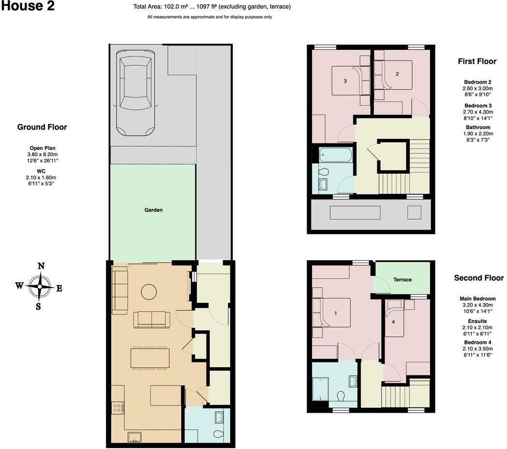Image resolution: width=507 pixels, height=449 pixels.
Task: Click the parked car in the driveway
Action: pyautogui.click(x=136, y=93)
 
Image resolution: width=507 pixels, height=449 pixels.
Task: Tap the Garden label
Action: pyautogui.click(x=153, y=210)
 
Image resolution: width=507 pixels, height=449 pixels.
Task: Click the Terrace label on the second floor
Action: pyautogui.click(x=402, y=280)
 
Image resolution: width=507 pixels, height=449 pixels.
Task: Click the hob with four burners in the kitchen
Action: pyautogui.click(x=117, y=407)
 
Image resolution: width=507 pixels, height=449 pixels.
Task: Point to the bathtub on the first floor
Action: pyautogui.click(x=335, y=155)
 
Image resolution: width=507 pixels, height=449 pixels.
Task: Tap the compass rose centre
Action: pyautogui.click(x=40, y=286)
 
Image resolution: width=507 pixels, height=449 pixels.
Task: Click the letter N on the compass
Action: pyautogui.click(x=41, y=266)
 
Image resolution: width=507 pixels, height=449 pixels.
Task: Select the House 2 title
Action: pyautogui.click(x=28, y=6)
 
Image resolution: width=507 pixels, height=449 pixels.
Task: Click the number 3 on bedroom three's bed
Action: pyautogui.click(x=345, y=81)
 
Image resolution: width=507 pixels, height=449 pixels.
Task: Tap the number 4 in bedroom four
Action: pyautogui.click(x=393, y=322)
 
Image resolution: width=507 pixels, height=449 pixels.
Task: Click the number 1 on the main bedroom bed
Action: pyautogui.click(x=336, y=313)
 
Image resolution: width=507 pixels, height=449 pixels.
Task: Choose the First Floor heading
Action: pyautogui.click(x=477, y=61)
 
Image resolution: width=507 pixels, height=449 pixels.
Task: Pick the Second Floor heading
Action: pyautogui.click(x=479, y=278)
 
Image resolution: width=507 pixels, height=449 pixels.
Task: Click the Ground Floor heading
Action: pyautogui.click(x=42, y=127)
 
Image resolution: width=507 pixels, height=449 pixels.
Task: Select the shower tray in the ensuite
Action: pyautogui.click(x=320, y=389)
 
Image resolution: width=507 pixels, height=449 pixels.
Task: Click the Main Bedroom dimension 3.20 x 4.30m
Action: pyautogui.click(x=477, y=305)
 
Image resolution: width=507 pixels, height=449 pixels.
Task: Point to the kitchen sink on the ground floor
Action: pyautogui.click(x=135, y=437)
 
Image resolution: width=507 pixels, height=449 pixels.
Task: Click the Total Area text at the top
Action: pyautogui.click(x=212, y=6)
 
